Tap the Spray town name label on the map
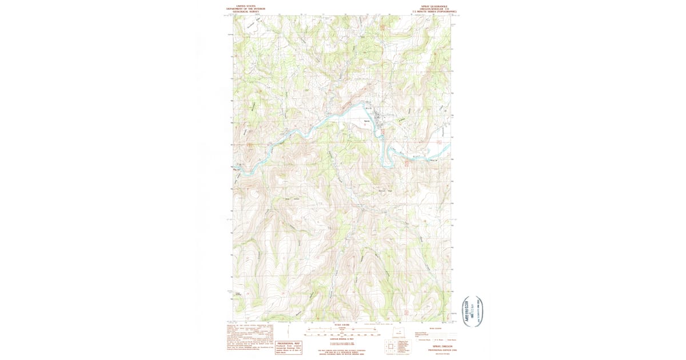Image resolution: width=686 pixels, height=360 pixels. [x=368, y=121]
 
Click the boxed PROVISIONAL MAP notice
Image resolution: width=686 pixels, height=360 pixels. [x=289, y=347]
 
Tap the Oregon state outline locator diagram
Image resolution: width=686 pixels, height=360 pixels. [x=398, y=333]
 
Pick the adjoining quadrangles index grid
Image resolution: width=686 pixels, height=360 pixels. [x=391, y=346]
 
